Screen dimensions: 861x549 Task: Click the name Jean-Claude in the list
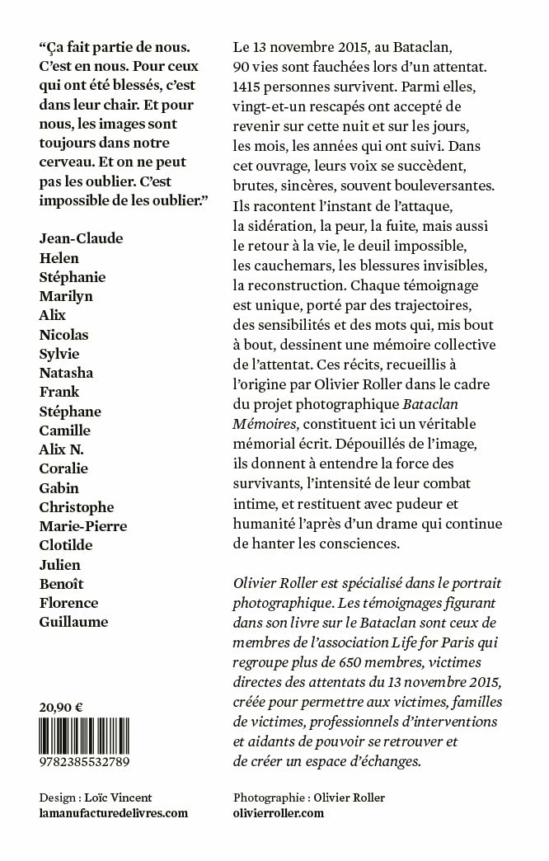pyautogui.click(x=81, y=238)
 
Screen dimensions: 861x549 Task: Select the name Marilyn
pyautogui.click(x=66, y=295)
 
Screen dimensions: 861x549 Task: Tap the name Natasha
pyautogui.click(x=66, y=372)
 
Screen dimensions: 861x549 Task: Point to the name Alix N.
pyautogui.click(x=62, y=449)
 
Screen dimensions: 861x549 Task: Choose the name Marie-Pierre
pyautogui.click(x=83, y=525)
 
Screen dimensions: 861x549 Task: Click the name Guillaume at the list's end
pyautogui.click(x=73, y=621)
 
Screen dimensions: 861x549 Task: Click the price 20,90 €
pyautogui.click(x=61, y=706)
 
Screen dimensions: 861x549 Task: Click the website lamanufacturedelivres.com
pyautogui.click(x=114, y=812)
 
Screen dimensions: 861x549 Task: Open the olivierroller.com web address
pyautogui.click(x=279, y=812)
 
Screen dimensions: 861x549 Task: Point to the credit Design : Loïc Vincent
pyautogui.click(x=96, y=797)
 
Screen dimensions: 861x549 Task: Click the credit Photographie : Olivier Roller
pyautogui.click(x=309, y=797)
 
